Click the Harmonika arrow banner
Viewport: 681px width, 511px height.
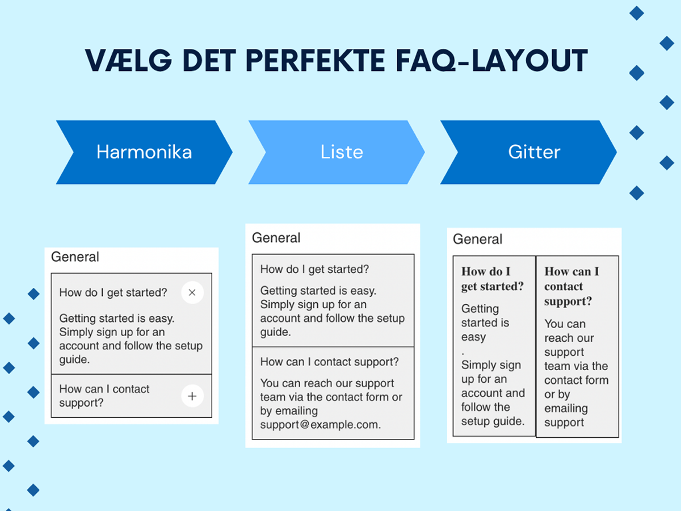click(x=144, y=152)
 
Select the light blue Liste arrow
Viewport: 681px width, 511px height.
click(x=337, y=152)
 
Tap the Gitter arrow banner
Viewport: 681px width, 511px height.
click(x=528, y=152)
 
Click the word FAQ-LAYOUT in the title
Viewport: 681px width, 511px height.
click(x=492, y=61)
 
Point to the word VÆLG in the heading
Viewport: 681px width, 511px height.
click(x=128, y=61)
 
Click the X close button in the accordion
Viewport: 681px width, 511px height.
click(x=192, y=292)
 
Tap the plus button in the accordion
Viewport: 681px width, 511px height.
click(x=192, y=396)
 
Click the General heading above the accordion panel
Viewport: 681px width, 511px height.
click(x=75, y=257)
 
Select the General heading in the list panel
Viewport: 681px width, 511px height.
click(x=276, y=238)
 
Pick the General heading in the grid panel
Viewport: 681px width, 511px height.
click(x=477, y=239)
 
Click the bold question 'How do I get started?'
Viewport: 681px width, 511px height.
click(x=493, y=279)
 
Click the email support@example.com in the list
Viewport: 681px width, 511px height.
click(x=321, y=425)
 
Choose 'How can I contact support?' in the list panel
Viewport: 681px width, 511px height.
click(x=330, y=362)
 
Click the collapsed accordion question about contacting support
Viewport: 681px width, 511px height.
click(x=104, y=396)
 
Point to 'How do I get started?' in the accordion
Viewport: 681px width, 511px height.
click(x=113, y=292)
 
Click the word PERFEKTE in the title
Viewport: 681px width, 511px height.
click(x=316, y=61)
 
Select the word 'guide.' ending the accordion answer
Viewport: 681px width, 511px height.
click(x=74, y=359)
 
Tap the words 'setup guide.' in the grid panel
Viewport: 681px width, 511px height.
click(x=493, y=421)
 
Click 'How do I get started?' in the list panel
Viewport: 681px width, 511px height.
click(x=314, y=269)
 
